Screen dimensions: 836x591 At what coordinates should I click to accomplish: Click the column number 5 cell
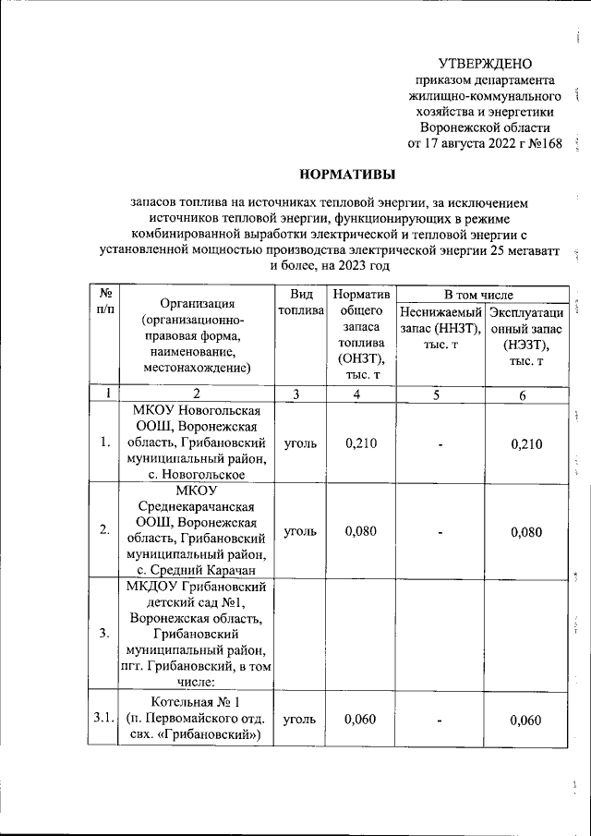tap(440, 394)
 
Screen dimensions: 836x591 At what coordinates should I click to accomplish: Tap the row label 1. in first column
tap(105, 442)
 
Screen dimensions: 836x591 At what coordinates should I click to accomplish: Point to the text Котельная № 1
tap(197, 702)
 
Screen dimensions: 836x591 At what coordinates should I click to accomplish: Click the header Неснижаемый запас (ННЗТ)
tap(440, 320)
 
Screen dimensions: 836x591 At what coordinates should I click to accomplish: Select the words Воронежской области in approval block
tap(485, 127)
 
